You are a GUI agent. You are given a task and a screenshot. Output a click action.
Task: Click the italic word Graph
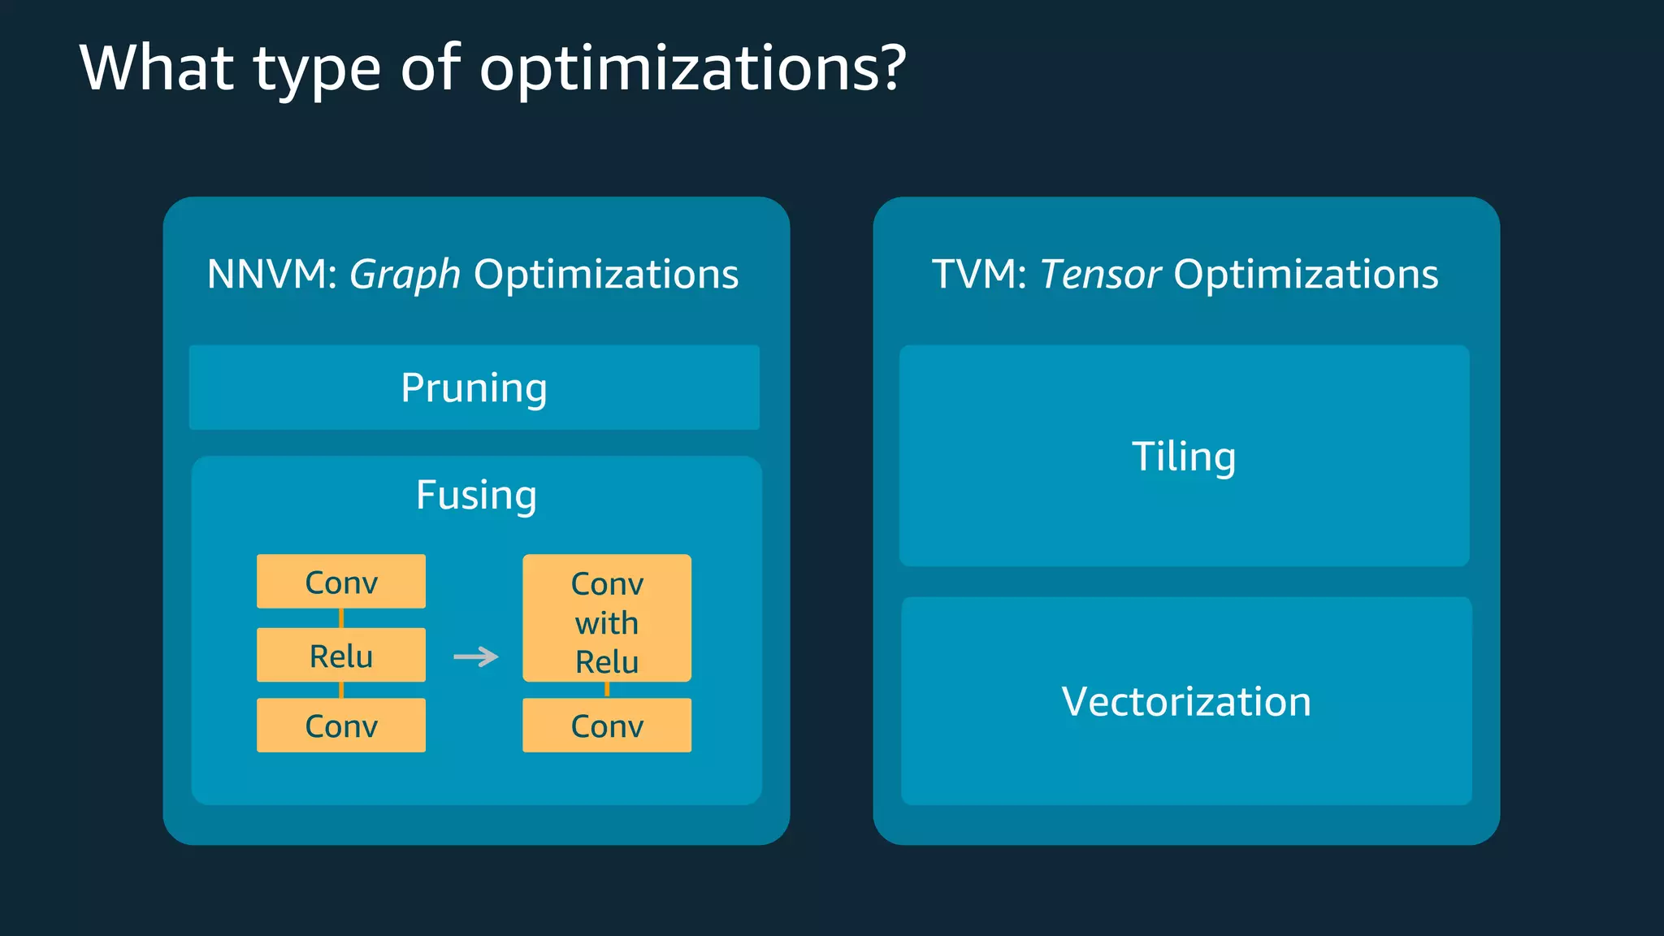point(405,275)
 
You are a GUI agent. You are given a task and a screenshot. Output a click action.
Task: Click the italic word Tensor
point(1100,274)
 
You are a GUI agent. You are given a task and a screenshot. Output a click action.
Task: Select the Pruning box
point(474,388)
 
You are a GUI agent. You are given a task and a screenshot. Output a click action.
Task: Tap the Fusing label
point(476,495)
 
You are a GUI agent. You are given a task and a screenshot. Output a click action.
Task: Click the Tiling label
point(1184,456)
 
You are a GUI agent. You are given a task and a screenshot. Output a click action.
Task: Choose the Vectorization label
point(1186,701)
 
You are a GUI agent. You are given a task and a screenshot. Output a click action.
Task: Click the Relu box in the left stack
point(340,655)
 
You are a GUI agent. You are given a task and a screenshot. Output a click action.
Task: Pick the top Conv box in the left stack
point(340,582)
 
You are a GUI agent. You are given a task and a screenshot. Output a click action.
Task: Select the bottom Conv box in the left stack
point(340,725)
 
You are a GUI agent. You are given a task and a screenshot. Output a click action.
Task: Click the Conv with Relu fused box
point(607,618)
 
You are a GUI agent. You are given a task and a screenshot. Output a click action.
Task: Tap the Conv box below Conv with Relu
point(607,725)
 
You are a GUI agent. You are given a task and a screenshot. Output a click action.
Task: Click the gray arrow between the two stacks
point(476,656)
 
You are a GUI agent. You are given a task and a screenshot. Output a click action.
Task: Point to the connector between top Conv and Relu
point(341,618)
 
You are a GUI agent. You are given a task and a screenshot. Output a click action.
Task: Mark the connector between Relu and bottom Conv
point(341,690)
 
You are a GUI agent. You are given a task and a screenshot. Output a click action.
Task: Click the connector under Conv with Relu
point(607,690)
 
